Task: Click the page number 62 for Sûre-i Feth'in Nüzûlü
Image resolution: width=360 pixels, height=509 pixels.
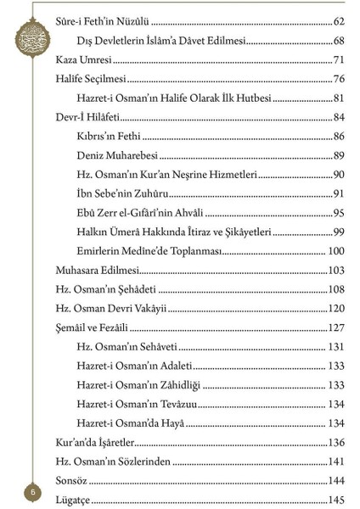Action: [340, 20]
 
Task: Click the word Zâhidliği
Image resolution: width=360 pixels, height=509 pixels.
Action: [179, 384]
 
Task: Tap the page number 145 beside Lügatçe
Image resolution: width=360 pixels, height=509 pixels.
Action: [337, 499]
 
